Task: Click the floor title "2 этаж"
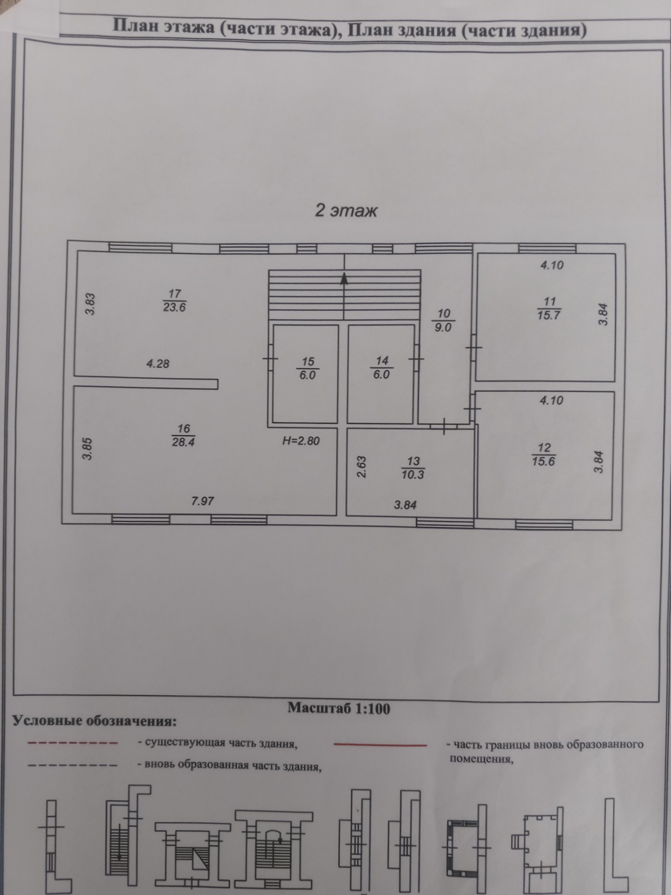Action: point(346,211)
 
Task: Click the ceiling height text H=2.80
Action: point(301,440)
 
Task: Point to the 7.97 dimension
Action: point(203,501)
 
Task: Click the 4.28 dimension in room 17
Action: point(158,364)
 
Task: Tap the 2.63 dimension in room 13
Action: point(361,467)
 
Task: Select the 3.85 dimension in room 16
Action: point(88,448)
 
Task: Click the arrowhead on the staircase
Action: point(344,279)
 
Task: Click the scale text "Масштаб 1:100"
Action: point(339,708)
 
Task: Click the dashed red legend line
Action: point(73,743)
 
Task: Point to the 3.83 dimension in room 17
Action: point(91,304)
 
